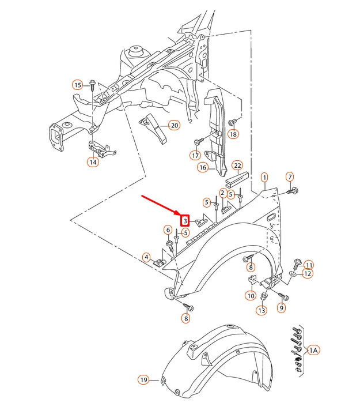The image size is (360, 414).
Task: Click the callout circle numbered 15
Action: (x=78, y=85)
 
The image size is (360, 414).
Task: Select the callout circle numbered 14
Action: (x=93, y=162)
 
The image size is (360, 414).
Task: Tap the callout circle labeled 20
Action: (x=174, y=125)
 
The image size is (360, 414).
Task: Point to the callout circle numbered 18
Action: (x=233, y=134)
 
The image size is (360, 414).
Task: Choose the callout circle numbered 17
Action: (x=195, y=155)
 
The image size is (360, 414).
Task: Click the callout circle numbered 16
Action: (x=202, y=168)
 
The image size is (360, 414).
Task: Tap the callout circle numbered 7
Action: (x=290, y=176)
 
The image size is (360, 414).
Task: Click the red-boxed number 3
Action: (x=185, y=220)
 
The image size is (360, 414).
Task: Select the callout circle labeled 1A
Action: (x=313, y=350)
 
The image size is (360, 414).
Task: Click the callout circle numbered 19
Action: (x=143, y=379)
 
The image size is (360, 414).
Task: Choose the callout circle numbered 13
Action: (x=262, y=311)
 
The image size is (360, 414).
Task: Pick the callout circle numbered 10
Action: (x=251, y=296)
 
